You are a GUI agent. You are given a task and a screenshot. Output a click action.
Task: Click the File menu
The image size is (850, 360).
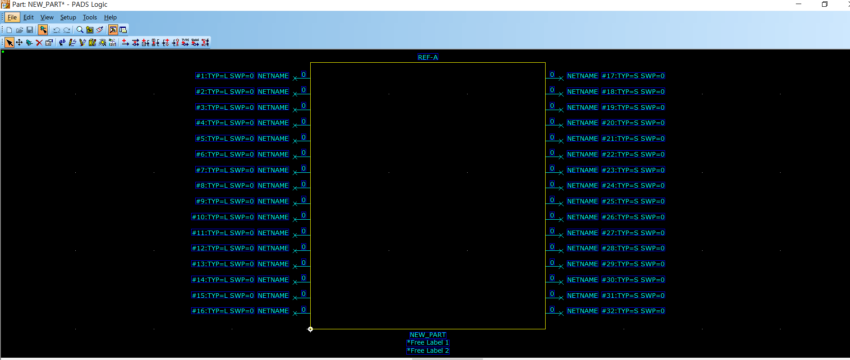[12, 18]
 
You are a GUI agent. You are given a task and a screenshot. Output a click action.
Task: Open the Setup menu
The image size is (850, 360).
[68, 18]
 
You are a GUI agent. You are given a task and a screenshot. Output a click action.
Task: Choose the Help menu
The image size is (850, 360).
[110, 18]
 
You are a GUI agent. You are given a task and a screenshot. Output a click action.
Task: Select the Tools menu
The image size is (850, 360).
[90, 18]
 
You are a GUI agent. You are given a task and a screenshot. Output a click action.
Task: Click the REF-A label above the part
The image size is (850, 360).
[427, 57]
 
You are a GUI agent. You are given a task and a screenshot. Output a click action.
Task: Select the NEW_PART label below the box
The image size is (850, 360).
[427, 335]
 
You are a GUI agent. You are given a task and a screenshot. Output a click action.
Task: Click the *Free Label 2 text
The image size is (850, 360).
[428, 351]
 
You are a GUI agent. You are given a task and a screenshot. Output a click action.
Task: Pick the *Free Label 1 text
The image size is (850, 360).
[428, 342]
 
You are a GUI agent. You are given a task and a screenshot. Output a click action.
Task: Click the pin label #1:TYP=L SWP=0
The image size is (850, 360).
[225, 76]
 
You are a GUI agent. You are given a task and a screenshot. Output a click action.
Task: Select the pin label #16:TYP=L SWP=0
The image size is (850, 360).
[223, 311]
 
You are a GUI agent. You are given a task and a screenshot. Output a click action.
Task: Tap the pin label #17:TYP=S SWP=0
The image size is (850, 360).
[633, 76]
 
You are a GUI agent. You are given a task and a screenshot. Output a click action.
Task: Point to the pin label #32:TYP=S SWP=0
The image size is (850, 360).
[633, 311]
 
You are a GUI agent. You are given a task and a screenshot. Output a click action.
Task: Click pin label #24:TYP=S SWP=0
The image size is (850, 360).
[633, 185]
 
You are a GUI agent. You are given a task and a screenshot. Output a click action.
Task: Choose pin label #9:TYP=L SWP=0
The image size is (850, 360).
[225, 201]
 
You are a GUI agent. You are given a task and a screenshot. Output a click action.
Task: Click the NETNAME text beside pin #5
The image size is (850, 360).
[273, 138]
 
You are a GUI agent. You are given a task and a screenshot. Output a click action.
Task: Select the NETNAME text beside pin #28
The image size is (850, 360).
[583, 248]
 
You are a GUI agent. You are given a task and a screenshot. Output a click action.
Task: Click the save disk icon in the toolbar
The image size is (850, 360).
[30, 30]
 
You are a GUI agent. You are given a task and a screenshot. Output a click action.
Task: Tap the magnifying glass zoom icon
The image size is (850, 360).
[80, 30]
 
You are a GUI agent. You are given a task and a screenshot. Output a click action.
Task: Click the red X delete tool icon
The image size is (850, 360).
[39, 42]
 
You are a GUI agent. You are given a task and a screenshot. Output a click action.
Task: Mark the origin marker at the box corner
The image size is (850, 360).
[310, 329]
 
